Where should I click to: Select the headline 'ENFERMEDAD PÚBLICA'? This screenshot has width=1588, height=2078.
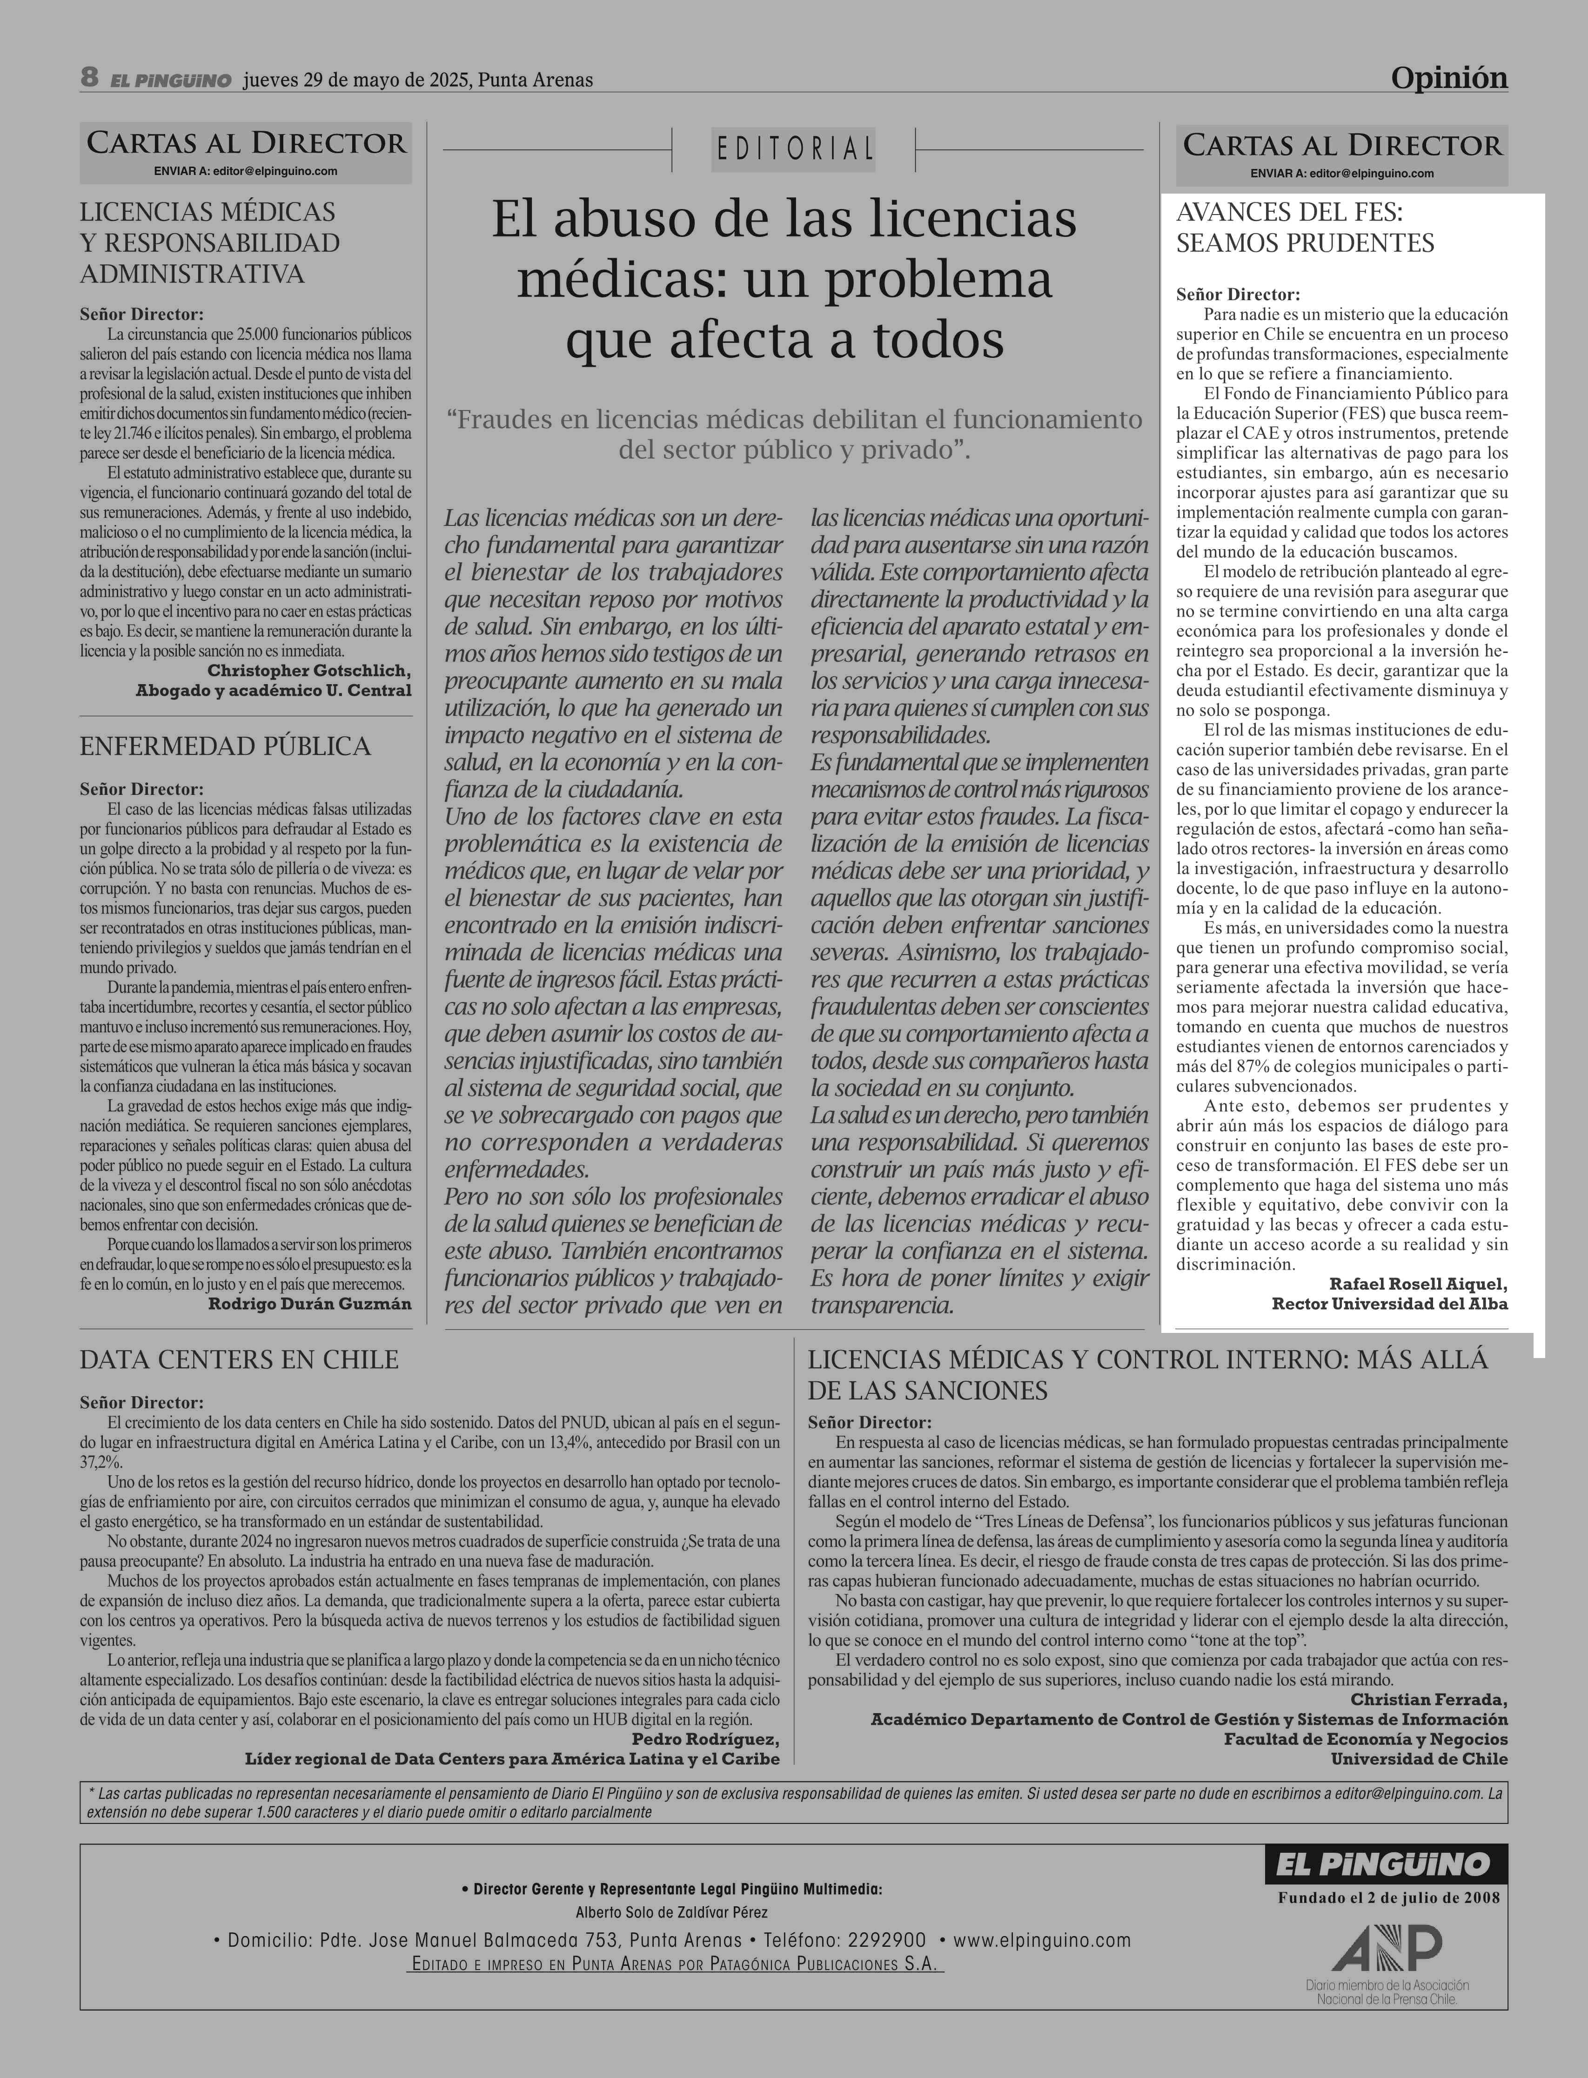point(225,747)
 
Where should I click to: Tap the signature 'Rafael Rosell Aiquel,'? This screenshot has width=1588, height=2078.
point(1418,1284)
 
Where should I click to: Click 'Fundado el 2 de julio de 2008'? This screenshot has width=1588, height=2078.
point(1388,1897)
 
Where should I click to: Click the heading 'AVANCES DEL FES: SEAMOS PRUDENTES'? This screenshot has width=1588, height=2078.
point(1305,227)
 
